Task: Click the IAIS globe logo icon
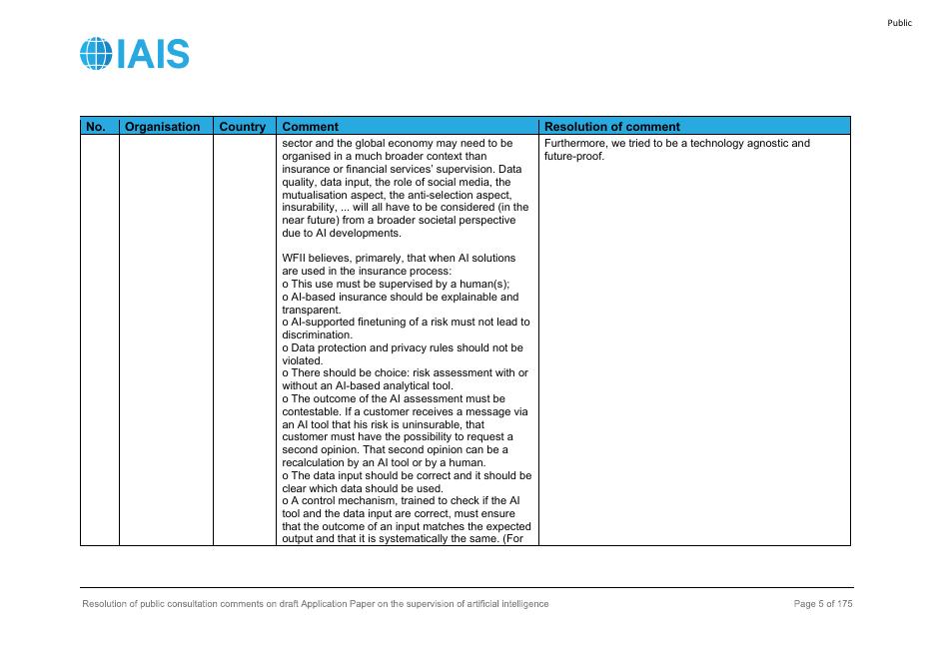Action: tap(97, 54)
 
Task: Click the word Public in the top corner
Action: tap(899, 23)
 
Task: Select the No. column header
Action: tap(96, 127)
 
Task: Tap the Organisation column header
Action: tap(162, 127)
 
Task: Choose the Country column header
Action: tap(242, 127)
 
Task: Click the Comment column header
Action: tap(311, 127)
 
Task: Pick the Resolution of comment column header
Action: tap(611, 127)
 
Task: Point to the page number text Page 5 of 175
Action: tap(823, 604)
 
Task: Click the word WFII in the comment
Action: tap(296, 259)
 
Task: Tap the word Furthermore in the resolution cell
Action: tap(576, 144)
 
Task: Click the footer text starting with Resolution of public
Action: tap(315, 604)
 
